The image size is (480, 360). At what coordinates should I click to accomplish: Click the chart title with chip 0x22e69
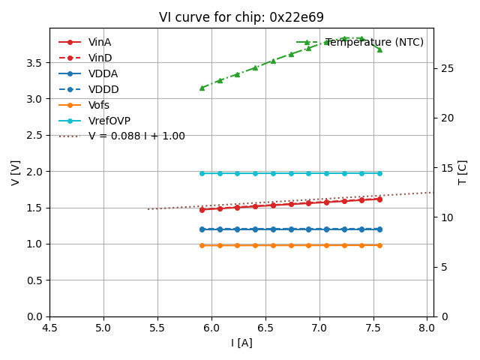(x=241, y=17)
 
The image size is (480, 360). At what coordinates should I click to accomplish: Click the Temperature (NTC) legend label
(x=374, y=43)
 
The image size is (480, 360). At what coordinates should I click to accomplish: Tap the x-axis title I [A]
(x=241, y=343)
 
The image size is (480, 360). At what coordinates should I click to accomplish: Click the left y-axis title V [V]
(x=15, y=172)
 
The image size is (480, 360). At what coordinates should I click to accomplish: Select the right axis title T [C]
(x=463, y=172)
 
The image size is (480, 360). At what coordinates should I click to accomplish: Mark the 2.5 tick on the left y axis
(x=34, y=135)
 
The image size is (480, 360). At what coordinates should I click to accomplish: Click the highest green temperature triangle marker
(x=344, y=38)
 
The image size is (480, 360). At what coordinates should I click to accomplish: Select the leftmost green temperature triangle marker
(x=202, y=88)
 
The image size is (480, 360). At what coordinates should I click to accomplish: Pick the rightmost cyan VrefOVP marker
(x=379, y=173)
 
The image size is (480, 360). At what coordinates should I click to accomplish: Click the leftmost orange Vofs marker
(x=202, y=245)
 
